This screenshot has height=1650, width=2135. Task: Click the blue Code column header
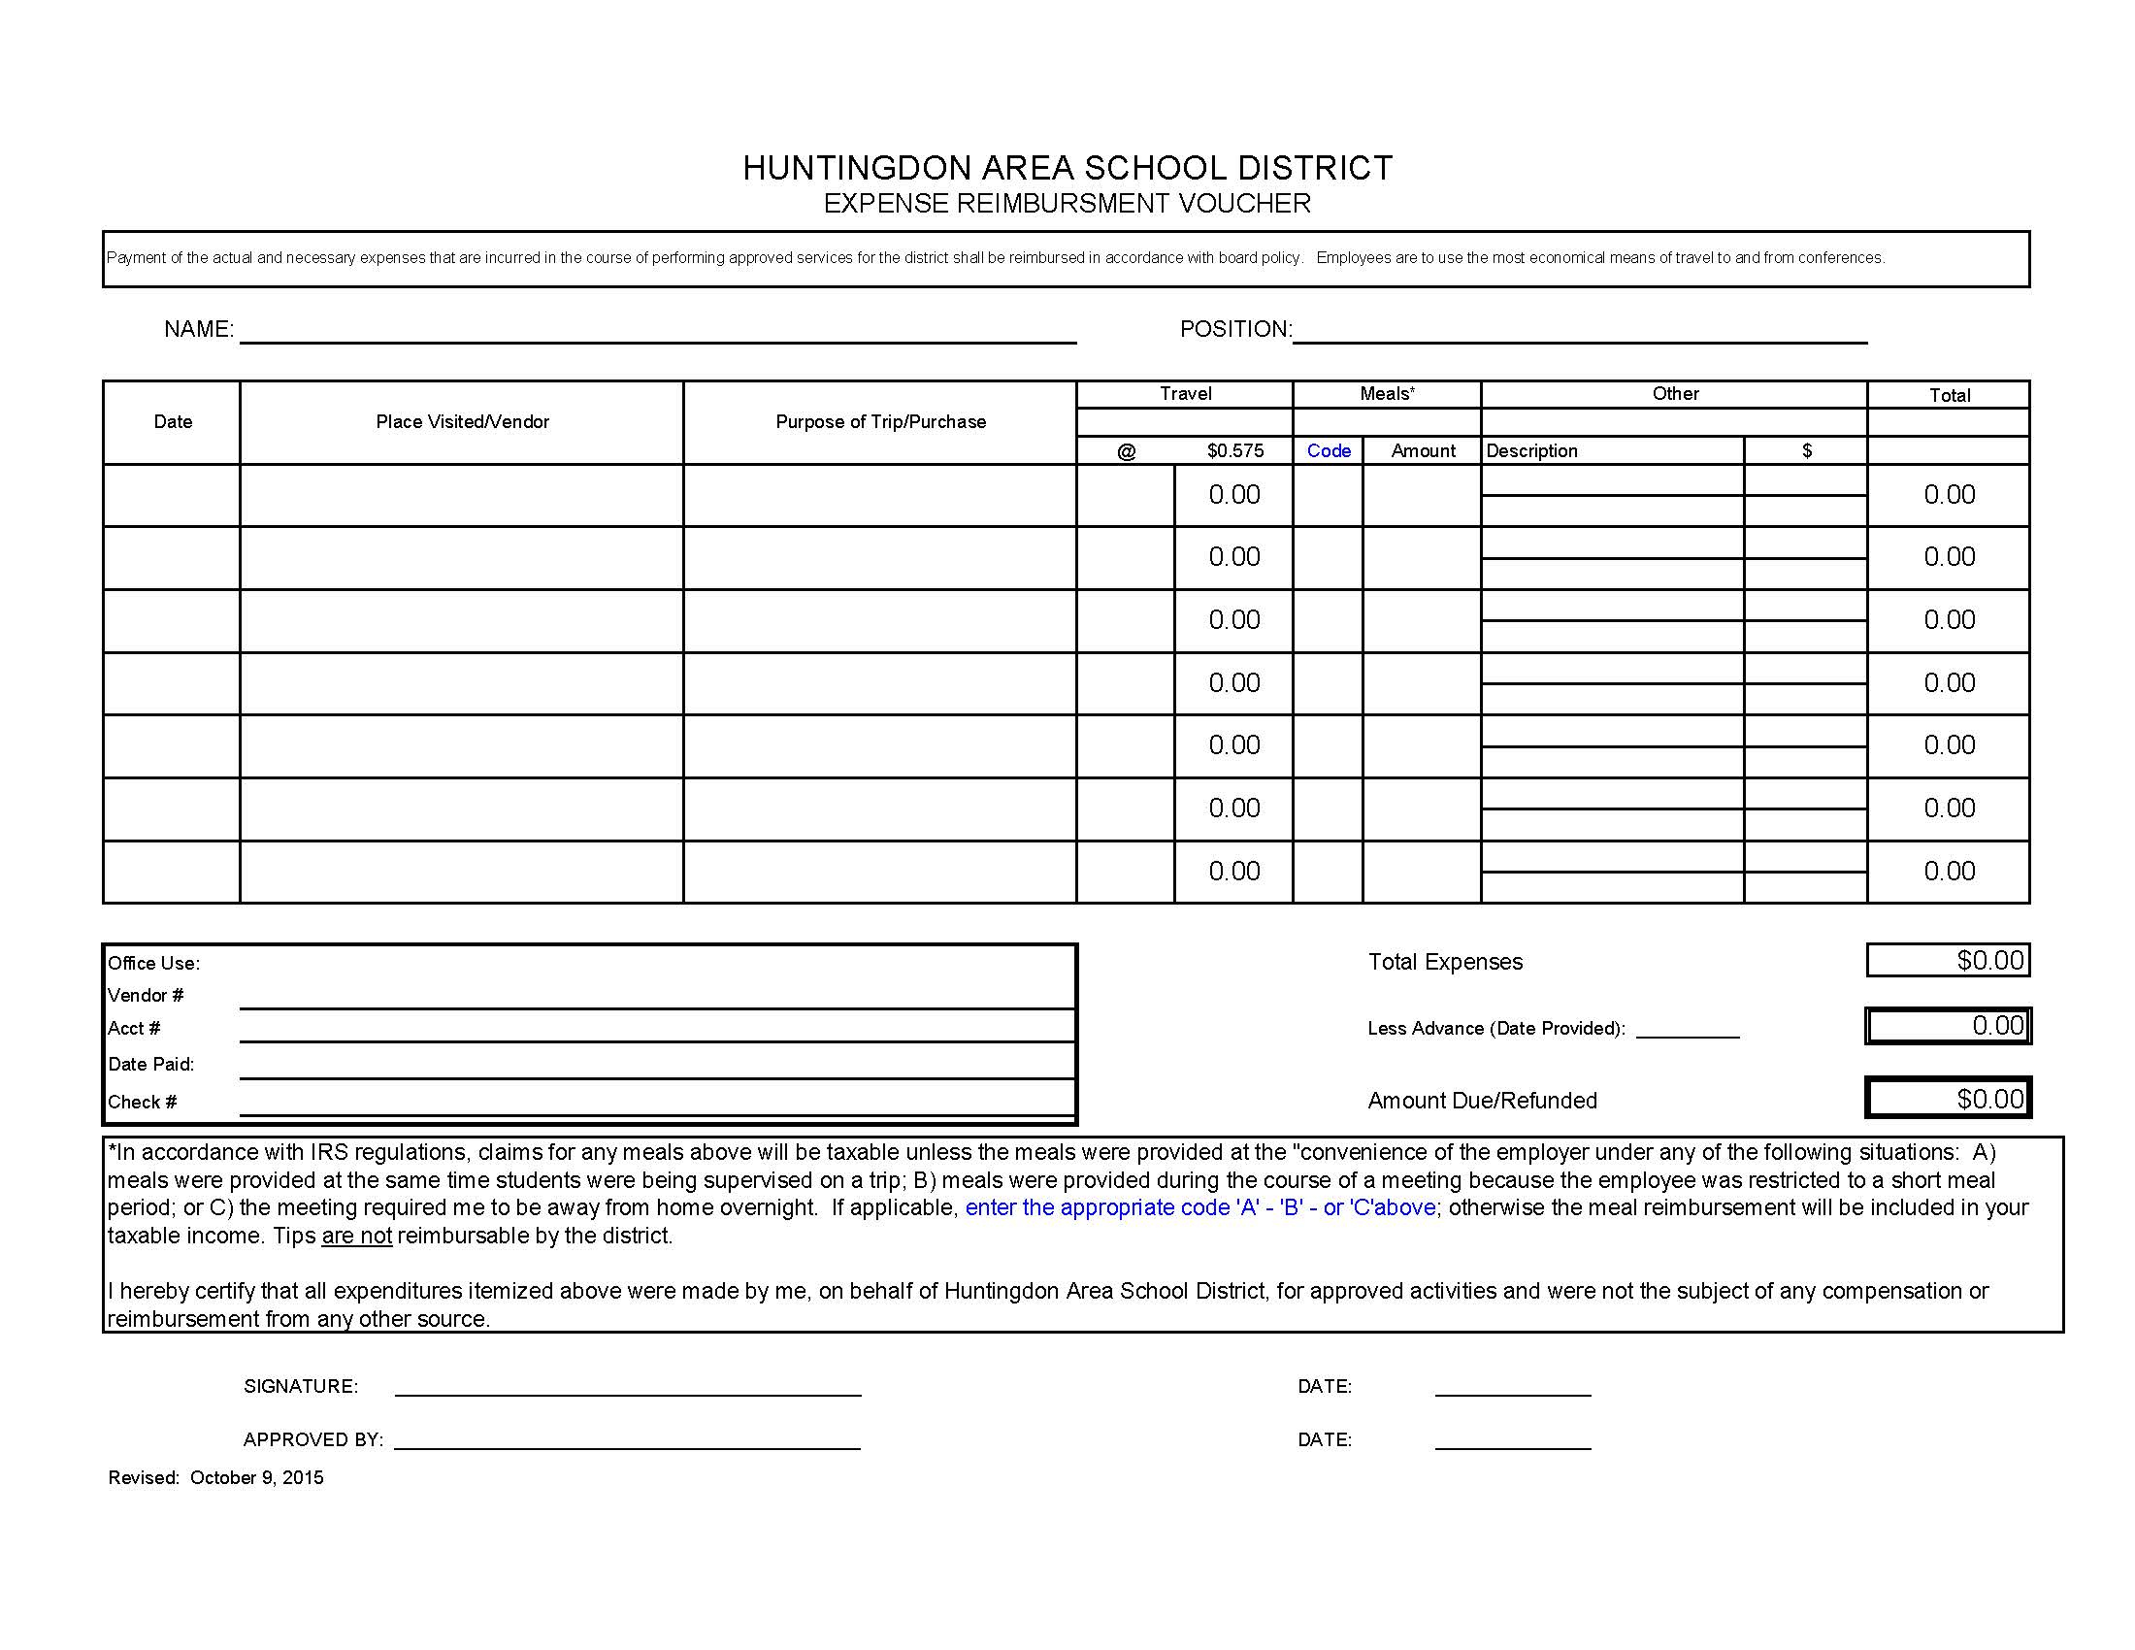coord(1329,450)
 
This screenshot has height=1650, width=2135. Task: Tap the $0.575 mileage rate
coord(1234,450)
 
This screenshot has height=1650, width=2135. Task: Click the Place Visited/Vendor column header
coord(462,421)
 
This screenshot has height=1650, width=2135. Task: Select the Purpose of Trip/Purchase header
coord(880,421)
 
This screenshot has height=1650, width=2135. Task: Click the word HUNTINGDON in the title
coord(857,168)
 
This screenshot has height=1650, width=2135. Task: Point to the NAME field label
coord(198,329)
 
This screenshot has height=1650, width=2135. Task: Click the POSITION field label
coord(1235,329)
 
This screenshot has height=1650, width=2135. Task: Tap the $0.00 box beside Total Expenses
coord(1948,960)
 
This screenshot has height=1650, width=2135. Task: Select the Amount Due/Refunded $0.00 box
coord(1948,1099)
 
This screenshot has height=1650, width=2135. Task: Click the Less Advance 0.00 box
coord(1948,1025)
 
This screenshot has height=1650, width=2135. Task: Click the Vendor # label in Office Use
coord(146,995)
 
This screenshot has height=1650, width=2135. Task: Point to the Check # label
coord(143,1102)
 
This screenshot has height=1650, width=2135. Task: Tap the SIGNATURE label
coord(301,1386)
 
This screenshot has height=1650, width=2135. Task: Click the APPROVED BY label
coord(312,1439)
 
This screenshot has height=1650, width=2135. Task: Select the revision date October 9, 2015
coord(256,1477)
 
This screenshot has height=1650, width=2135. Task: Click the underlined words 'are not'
coord(357,1236)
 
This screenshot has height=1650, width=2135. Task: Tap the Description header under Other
coord(1530,450)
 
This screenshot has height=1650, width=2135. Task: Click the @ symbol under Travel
coord(1126,450)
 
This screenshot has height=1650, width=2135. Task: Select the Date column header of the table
coord(173,421)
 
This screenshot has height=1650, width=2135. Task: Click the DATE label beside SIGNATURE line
coord(1325,1386)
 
